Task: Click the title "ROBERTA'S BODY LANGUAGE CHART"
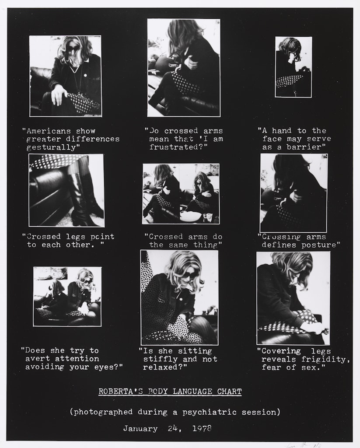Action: (x=170, y=391)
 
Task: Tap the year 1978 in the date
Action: (x=201, y=429)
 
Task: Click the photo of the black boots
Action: (x=66, y=190)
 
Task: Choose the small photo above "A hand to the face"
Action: (x=294, y=67)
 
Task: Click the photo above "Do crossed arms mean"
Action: (x=183, y=68)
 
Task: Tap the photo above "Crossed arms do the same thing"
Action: (x=181, y=194)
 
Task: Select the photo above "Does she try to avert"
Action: (x=67, y=297)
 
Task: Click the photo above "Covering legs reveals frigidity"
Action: (x=293, y=298)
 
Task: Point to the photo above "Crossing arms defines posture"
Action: (x=294, y=193)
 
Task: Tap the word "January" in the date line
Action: (x=138, y=429)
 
